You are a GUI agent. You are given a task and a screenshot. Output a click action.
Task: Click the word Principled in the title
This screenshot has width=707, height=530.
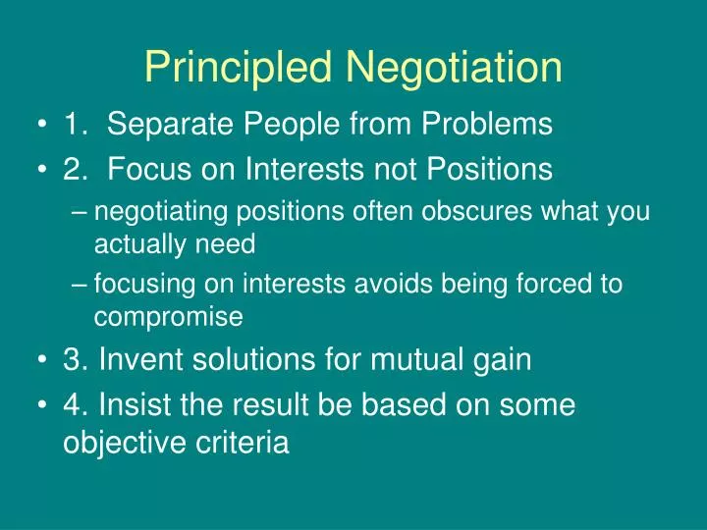tap(241, 68)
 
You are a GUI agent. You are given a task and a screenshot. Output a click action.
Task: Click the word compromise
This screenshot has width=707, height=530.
tap(168, 316)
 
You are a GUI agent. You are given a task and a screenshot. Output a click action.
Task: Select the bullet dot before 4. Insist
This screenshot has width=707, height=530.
tap(44, 405)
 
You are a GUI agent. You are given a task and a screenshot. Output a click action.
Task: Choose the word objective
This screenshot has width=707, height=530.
tap(123, 443)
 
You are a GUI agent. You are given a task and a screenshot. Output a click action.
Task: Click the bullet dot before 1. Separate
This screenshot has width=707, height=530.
tap(44, 126)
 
